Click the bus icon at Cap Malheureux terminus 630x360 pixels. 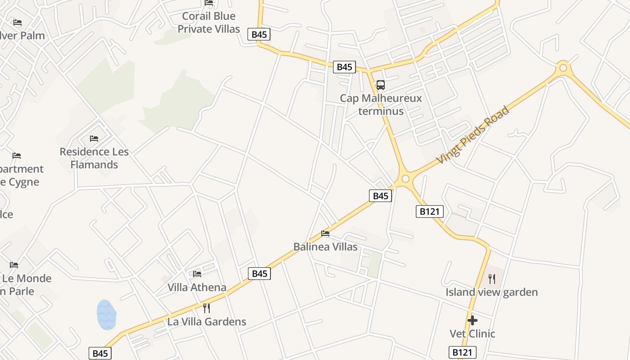pyautogui.click(x=380, y=85)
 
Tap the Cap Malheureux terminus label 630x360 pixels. pyautogui.click(x=381, y=104)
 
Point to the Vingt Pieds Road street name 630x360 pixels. pyautogui.click(x=473, y=135)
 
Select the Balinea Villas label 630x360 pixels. pyautogui.click(x=325, y=247)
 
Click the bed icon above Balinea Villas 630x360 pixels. pyautogui.click(x=325, y=233)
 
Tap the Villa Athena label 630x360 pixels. pyautogui.click(x=197, y=287)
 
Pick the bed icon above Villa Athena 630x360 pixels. pyautogui.click(x=197, y=274)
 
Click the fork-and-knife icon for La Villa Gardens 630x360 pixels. pyautogui.click(x=207, y=308)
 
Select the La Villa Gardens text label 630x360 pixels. pyautogui.click(x=207, y=322)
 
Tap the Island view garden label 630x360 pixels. pyautogui.click(x=491, y=292)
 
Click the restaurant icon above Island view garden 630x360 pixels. pyautogui.click(x=491, y=279)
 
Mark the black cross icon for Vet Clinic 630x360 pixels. pyautogui.click(x=472, y=320)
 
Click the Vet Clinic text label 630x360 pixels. pyautogui.click(x=472, y=333)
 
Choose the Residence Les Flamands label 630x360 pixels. pyautogui.click(x=94, y=158)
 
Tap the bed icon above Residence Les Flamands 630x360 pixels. pyautogui.click(x=94, y=138)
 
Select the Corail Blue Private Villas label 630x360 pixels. pyautogui.click(x=209, y=22)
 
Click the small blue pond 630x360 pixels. pyautogui.click(x=107, y=315)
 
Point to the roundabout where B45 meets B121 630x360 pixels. pyautogui.click(x=405, y=179)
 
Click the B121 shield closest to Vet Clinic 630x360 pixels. pyautogui.click(x=462, y=352)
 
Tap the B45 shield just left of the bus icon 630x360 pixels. pyautogui.click(x=344, y=67)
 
